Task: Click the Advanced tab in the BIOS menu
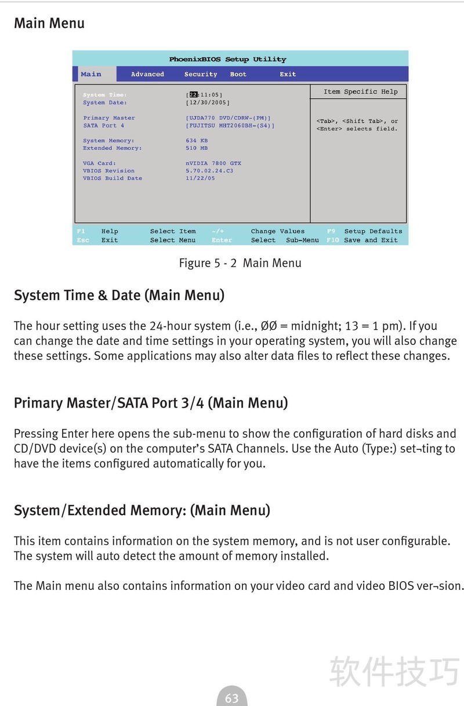(x=147, y=74)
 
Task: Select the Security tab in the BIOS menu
(x=201, y=74)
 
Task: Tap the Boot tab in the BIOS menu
(x=238, y=74)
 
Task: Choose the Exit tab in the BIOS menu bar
(x=288, y=74)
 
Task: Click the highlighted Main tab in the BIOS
(x=91, y=74)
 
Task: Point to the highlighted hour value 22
(x=194, y=95)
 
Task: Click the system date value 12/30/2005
(x=208, y=103)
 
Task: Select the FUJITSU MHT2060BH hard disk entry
(x=230, y=125)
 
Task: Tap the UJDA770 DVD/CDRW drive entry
(x=228, y=118)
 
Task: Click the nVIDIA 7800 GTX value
(x=213, y=163)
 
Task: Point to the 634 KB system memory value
(x=197, y=141)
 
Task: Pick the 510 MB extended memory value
(x=197, y=148)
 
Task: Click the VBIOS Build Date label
(x=113, y=178)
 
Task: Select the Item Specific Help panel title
(x=360, y=92)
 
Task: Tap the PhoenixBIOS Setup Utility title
(x=227, y=59)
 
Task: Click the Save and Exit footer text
(x=371, y=240)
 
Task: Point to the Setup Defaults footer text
(x=373, y=231)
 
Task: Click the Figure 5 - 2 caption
(x=240, y=263)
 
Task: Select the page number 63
(x=231, y=698)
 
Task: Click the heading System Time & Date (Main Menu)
(x=119, y=295)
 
